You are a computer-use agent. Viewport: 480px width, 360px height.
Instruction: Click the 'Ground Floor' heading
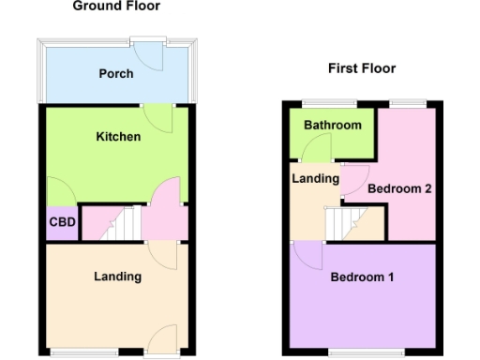(116, 7)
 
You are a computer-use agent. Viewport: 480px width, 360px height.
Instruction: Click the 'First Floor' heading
(361, 68)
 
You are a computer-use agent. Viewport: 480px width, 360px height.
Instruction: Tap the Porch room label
(116, 74)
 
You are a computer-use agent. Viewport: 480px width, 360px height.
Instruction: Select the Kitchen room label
(118, 137)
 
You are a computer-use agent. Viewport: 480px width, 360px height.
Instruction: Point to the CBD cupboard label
(62, 223)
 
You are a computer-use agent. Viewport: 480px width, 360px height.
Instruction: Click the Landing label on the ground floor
(118, 277)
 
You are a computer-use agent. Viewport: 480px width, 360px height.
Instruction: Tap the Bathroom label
(332, 126)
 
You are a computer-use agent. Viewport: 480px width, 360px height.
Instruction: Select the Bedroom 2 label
(399, 188)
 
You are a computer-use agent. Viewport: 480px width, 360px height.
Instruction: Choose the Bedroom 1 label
(362, 277)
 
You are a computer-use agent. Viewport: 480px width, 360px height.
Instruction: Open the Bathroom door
(317, 148)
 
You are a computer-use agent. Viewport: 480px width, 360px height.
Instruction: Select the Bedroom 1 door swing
(307, 255)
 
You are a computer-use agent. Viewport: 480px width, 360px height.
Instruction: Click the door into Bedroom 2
(352, 181)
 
